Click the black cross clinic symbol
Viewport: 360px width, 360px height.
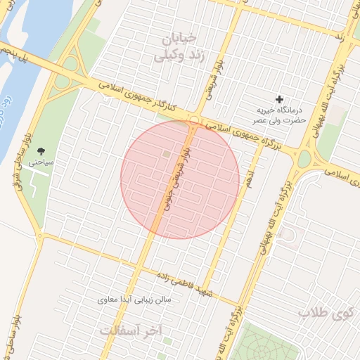pyautogui.click(x=280, y=100)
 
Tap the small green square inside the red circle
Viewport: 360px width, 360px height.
pyautogui.click(x=167, y=154)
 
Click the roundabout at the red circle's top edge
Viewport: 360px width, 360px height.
pyautogui.click(x=193, y=121)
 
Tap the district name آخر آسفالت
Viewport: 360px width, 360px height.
pyautogui.click(x=141, y=329)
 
